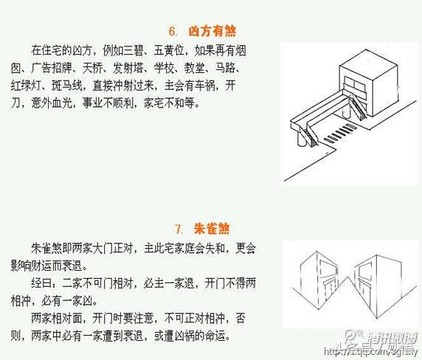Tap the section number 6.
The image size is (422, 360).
click(174, 32)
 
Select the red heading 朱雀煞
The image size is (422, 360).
click(210, 226)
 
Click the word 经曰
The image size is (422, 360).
click(41, 281)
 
